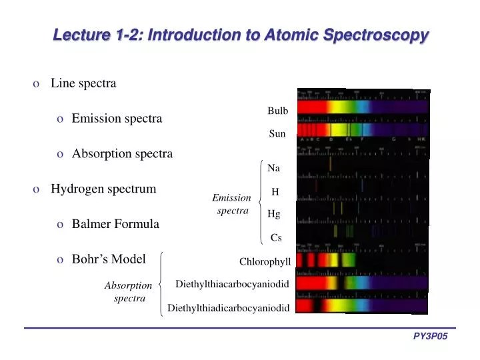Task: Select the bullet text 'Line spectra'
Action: tap(83, 83)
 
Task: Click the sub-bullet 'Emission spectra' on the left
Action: tap(117, 119)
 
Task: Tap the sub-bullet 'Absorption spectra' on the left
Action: tap(122, 153)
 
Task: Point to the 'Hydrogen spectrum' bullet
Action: tap(103, 189)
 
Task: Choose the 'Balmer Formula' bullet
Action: tap(115, 224)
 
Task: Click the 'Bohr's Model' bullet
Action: tap(109, 259)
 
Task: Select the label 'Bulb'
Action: tap(277, 111)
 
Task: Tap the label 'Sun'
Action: tap(277, 133)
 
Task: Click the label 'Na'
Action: tap(273, 169)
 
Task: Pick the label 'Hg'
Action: tap(273, 214)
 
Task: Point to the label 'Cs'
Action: tap(275, 237)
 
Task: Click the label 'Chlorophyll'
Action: tap(265, 261)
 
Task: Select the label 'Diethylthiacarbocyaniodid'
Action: tap(232, 284)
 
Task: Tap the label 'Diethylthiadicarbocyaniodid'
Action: tap(229, 307)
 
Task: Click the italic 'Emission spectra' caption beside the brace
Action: tap(231, 204)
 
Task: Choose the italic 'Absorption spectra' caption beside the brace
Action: tap(129, 291)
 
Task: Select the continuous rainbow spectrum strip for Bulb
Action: tap(362, 107)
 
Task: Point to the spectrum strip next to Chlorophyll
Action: tap(362, 260)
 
